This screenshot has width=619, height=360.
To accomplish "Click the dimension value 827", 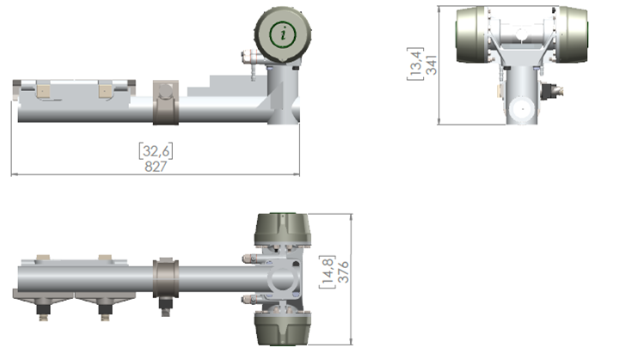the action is [x=156, y=166].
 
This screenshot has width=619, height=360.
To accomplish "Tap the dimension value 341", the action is [x=432, y=65].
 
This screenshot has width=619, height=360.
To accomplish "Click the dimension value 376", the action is [x=343, y=272].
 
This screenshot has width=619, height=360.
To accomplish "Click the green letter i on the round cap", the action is [x=283, y=34].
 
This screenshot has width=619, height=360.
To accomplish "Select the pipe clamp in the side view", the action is [x=166, y=102].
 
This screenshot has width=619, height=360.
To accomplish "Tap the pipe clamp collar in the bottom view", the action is [x=166, y=278].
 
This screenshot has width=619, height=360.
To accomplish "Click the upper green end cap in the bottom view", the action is [x=282, y=229].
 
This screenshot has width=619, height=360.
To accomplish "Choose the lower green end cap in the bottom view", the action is [x=282, y=328].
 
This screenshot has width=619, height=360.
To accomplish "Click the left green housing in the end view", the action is [x=471, y=34].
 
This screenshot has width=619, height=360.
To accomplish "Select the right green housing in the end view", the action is [x=573, y=34].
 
